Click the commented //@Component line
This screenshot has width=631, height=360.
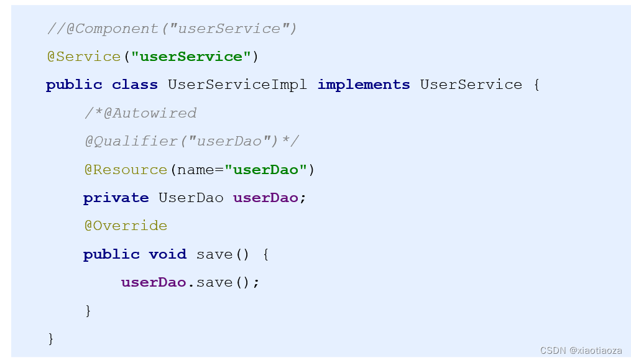pyautogui.click(x=172, y=29)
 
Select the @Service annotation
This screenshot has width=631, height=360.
pyautogui.click(x=84, y=57)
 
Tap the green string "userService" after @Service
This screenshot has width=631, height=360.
pyautogui.click(x=191, y=57)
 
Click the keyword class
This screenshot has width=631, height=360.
pyautogui.click(x=135, y=85)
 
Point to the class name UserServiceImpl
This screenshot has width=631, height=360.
pyautogui.click(x=237, y=85)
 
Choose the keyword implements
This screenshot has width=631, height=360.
pyautogui.click(x=364, y=85)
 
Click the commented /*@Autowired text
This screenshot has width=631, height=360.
pyautogui.click(x=140, y=113)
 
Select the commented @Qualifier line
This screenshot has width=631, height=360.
pyautogui.click(x=191, y=141)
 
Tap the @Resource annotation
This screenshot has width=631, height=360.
pyautogui.click(x=126, y=170)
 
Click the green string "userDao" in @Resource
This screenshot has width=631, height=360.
pyautogui.click(x=266, y=170)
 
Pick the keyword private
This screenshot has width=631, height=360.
pyautogui.click(x=116, y=198)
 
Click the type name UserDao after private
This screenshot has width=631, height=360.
pyautogui.click(x=191, y=198)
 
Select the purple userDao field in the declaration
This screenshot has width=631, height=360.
pyautogui.click(x=265, y=198)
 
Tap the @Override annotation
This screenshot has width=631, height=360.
pyautogui.click(x=126, y=226)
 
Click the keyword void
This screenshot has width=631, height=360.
pyautogui.click(x=167, y=254)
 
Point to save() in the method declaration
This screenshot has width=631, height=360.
pyautogui.click(x=223, y=254)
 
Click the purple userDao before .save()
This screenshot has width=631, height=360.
pyautogui.click(x=154, y=282)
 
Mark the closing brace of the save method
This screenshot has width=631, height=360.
pyautogui.click(x=88, y=310)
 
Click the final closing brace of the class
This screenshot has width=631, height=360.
pyautogui.click(x=51, y=338)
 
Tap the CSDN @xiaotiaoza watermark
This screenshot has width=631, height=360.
pyautogui.click(x=581, y=351)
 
